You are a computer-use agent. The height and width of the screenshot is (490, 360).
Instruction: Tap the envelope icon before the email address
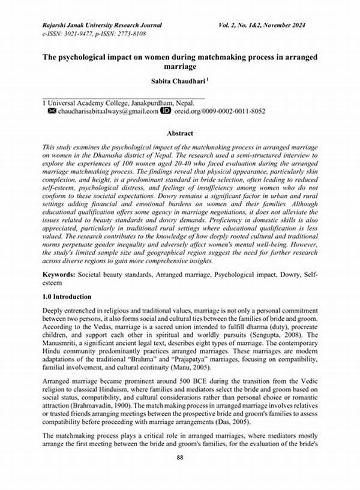pos(52,112)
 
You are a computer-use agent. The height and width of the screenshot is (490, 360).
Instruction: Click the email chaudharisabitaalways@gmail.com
pos(108,112)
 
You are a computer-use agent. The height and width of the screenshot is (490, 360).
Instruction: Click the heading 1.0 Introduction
pos(67,297)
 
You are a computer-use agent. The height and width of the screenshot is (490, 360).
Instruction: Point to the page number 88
pos(179,475)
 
